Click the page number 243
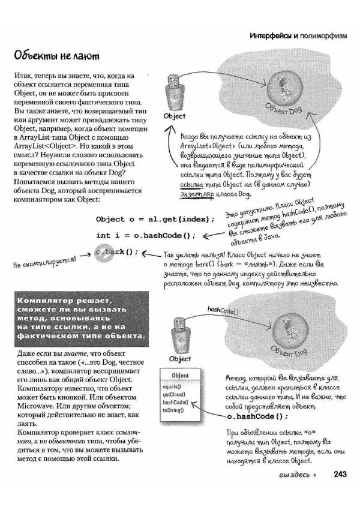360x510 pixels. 340,474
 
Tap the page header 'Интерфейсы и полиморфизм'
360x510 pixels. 298,36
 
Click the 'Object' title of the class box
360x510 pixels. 181,376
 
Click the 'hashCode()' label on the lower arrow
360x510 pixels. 223,311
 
